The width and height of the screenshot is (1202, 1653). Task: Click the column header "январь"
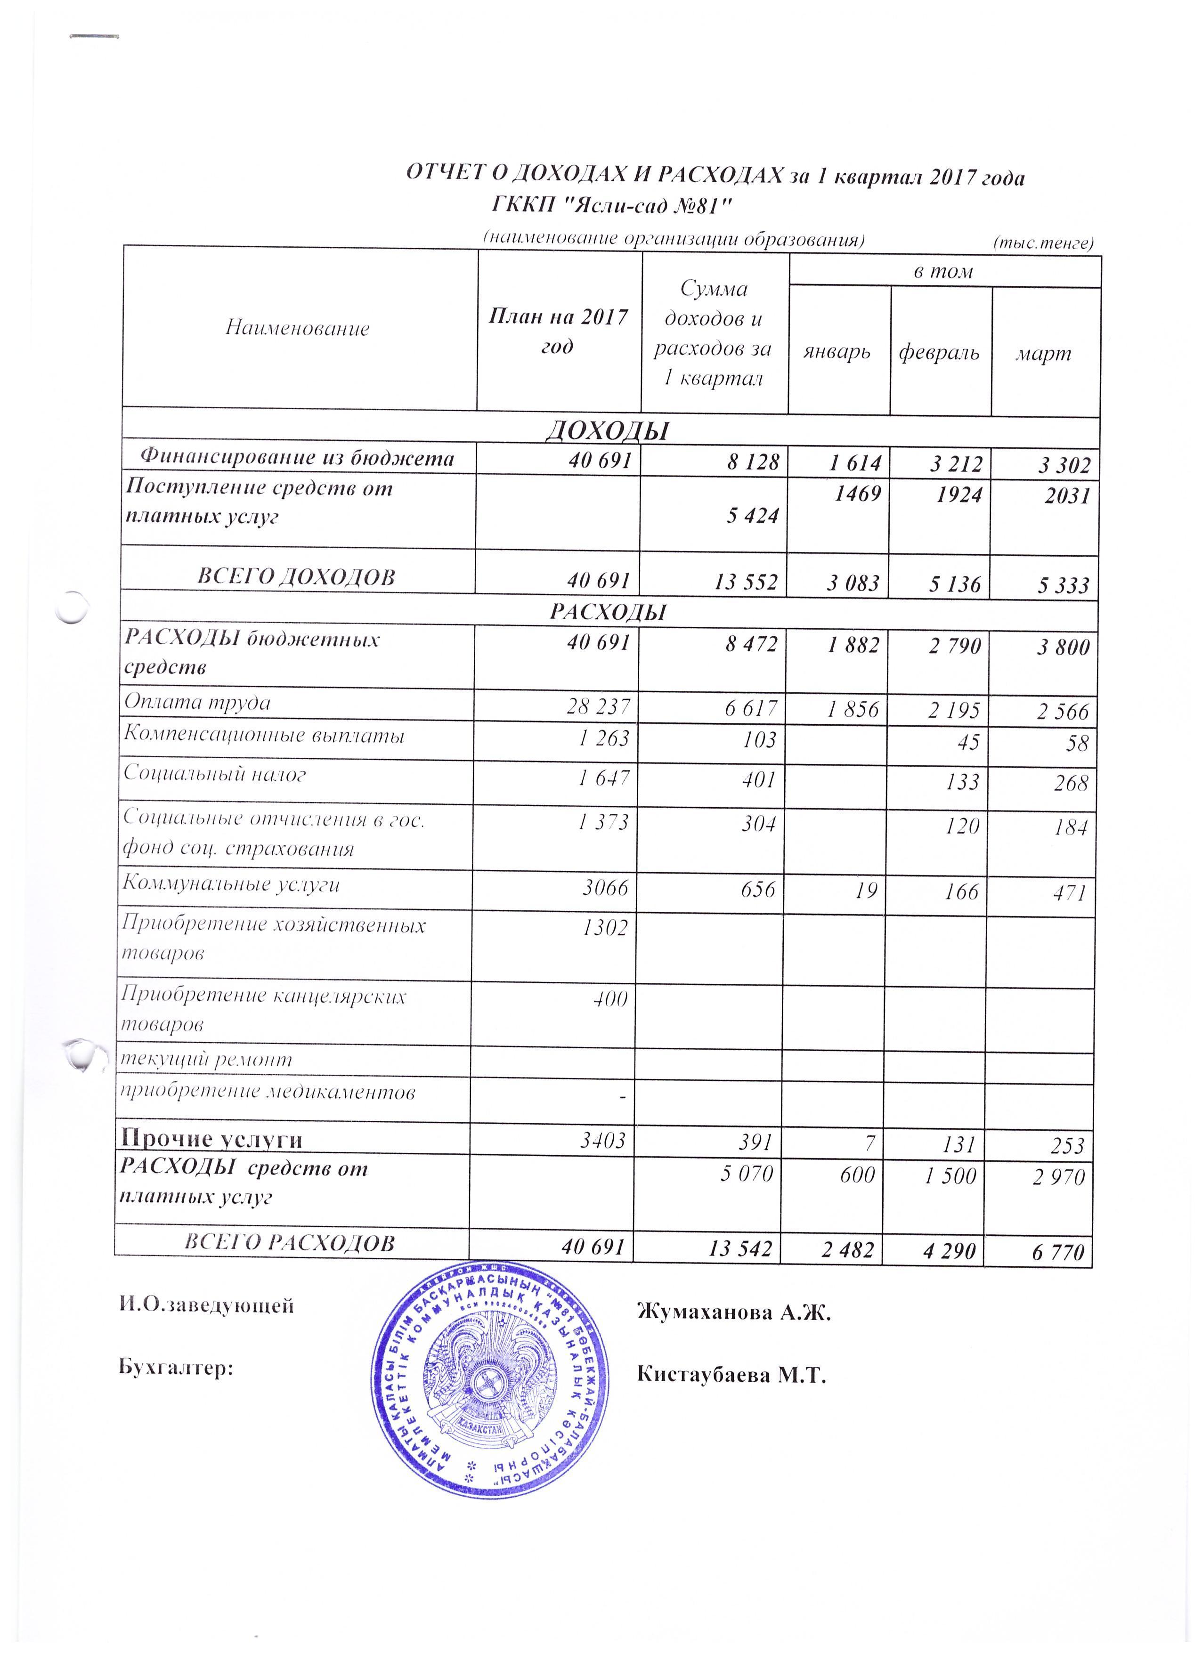tap(837, 353)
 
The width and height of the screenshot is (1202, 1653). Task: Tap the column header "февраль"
tap(939, 353)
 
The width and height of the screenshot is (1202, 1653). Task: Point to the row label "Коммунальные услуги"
tap(231, 884)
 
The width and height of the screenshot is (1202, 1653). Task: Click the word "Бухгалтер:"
tap(176, 1368)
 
